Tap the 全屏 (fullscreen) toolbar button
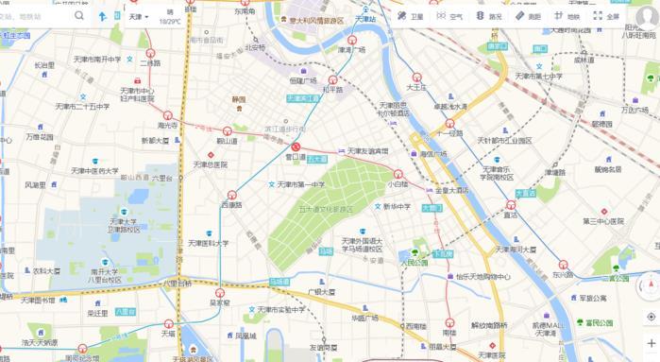606,16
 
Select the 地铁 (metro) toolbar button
567,16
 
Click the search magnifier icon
78,16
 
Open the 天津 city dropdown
139,16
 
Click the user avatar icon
646,15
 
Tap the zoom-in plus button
651,342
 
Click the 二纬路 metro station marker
151,54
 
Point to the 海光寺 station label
167,125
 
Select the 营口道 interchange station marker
296,147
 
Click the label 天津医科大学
208,243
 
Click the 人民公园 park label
414,262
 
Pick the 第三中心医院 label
603,221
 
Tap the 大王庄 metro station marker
416,78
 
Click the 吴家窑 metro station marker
219,293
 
